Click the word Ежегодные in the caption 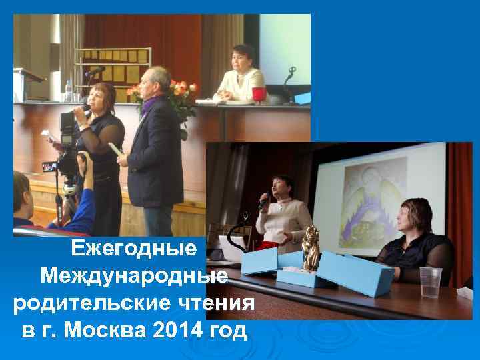tap(134, 249)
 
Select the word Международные tap(134, 276)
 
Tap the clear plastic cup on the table tap(431, 281)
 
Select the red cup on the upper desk tap(258, 95)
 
